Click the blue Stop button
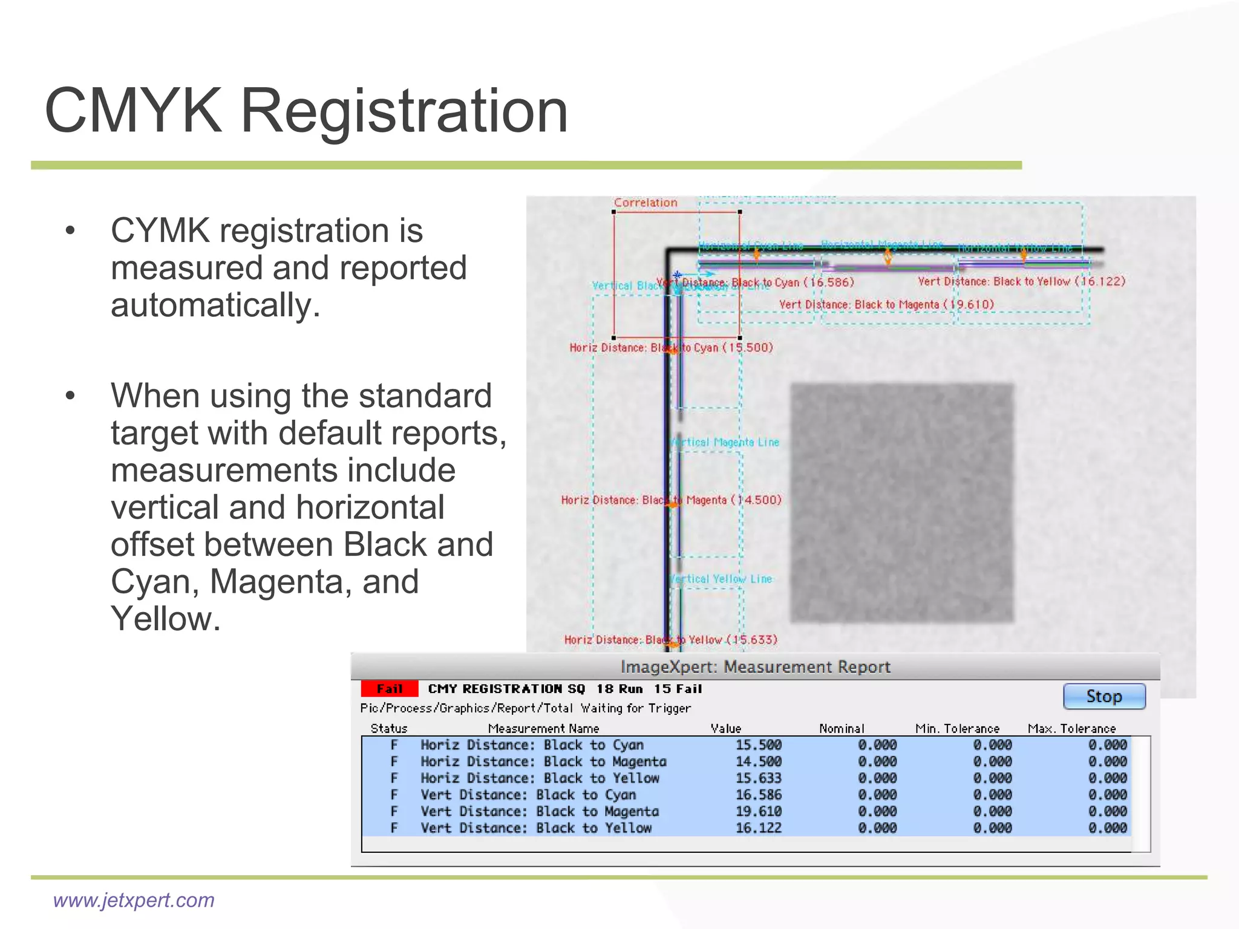click(1103, 696)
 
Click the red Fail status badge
click(389, 689)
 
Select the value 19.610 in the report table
click(758, 811)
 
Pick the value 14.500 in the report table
click(758, 761)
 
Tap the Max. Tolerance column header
click(1071, 729)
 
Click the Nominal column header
click(842, 729)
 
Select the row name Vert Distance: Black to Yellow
click(536, 828)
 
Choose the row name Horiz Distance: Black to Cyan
click(532, 745)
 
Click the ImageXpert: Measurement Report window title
click(755, 667)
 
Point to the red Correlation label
click(646, 203)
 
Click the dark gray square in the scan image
click(901, 503)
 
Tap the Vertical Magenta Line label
click(725, 442)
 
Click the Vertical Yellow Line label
click(721, 579)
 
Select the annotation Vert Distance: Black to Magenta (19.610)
click(886, 304)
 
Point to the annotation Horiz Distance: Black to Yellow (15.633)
click(670, 639)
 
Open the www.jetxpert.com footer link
click(134, 900)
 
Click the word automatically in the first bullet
click(215, 305)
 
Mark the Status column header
click(388, 729)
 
